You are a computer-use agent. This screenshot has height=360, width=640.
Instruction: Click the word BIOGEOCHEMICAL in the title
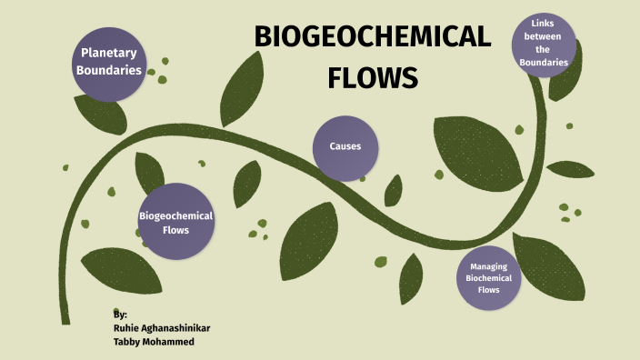[372, 38]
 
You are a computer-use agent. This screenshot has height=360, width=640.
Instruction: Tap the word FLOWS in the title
[372, 77]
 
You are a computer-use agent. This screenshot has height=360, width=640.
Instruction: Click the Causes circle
[345, 146]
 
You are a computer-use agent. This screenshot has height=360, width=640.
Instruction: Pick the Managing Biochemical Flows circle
[489, 277]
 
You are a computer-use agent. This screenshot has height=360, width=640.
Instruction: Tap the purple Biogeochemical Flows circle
[175, 222]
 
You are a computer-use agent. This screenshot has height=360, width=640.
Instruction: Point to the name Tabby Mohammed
[152, 343]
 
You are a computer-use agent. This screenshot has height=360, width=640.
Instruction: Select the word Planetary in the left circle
[109, 52]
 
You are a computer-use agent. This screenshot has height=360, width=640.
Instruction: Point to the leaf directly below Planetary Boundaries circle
[100, 113]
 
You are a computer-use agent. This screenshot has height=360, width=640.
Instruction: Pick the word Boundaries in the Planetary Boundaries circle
[109, 69]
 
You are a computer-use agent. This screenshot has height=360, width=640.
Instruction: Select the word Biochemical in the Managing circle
[489, 277]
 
